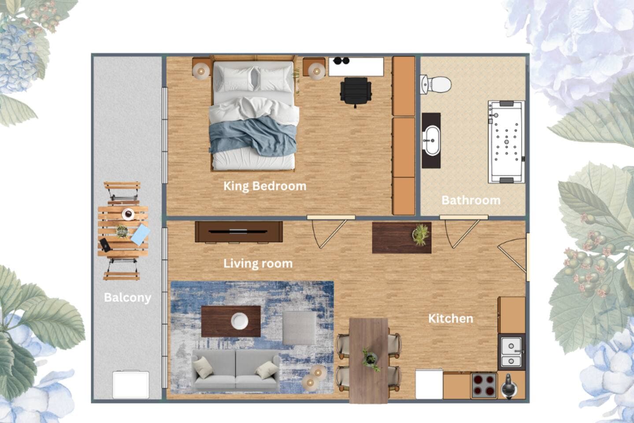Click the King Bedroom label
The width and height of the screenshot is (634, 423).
[x=265, y=186]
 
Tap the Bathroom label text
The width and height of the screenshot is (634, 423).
[x=471, y=200]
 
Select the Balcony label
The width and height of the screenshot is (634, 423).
[x=128, y=297]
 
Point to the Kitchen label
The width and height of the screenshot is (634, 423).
[x=451, y=319]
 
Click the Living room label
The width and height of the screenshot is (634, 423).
[x=258, y=263]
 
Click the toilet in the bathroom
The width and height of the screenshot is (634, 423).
[x=435, y=84]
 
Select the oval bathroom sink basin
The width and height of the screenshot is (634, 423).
[x=431, y=141]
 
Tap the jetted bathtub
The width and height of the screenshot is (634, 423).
[x=506, y=142]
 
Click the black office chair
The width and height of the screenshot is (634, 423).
[x=356, y=92]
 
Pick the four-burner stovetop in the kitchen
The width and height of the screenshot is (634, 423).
[x=484, y=386]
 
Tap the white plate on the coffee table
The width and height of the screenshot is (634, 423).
[x=239, y=321]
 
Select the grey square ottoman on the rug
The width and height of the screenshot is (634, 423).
[x=299, y=328]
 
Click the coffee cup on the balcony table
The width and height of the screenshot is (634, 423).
[x=128, y=214]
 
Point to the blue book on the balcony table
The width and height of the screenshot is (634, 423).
[x=141, y=235]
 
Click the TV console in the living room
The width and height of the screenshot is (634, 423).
[x=239, y=232]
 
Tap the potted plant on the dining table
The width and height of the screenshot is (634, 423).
[x=371, y=360]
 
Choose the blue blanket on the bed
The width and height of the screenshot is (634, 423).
[x=253, y=137]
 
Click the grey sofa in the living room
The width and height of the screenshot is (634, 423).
[x=235, y=370]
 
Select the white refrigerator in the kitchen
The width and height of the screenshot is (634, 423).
[x=429, y=384]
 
